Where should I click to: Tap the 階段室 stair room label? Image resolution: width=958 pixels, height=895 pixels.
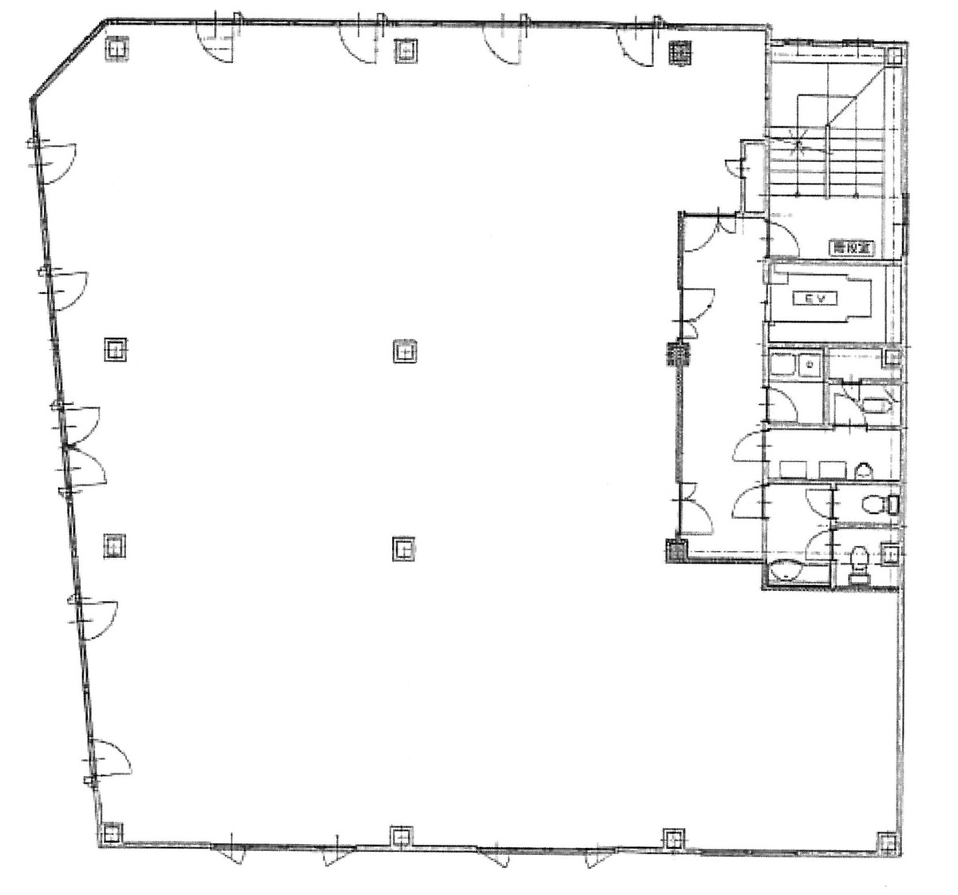(850, 248)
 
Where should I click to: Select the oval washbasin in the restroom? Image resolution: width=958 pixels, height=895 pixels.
(788, 572)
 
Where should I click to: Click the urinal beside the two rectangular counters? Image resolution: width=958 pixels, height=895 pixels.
(862, 470)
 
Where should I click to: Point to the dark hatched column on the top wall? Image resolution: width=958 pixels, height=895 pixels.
(679, 52)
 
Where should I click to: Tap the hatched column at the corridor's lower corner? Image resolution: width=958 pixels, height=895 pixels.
(675, 550)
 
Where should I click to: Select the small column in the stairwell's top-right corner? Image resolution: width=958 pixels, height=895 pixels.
(893, 56)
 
